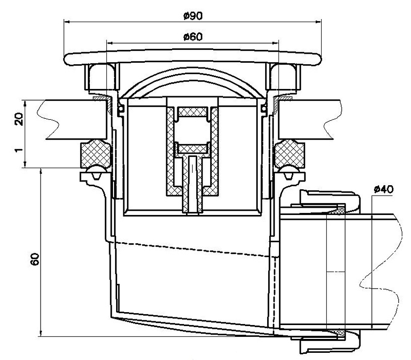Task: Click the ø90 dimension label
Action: (x=192, y=16)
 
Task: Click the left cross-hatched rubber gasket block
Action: (x=95, y=153)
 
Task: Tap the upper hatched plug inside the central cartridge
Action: (x=192, y=112)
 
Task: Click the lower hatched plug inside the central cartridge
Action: (x=192, y=149)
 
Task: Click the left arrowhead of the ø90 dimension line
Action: (x=66, y=22)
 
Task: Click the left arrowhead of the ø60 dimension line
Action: (x=108, y=43)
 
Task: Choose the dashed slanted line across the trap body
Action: (x=195, y=246)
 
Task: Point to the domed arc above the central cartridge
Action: (x=192, y=82)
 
